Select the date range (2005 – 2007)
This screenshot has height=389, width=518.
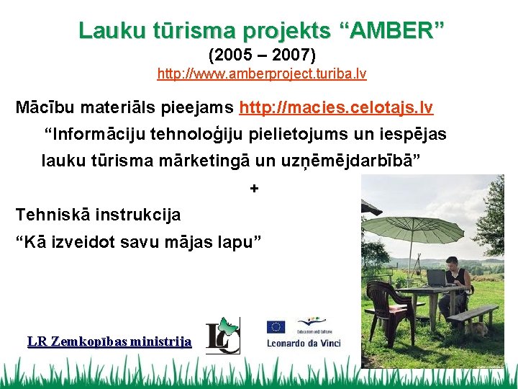(x=262, y=55)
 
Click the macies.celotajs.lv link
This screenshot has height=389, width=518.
(x=336, y=108)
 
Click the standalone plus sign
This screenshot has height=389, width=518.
(x=253, y=189)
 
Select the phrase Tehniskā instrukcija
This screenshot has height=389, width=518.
(x=98, y=215)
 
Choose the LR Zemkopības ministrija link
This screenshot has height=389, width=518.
(x=109, y=341)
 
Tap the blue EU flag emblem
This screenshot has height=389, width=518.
(x=276, y=327)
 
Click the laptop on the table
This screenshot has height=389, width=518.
(x=435, y=277)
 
